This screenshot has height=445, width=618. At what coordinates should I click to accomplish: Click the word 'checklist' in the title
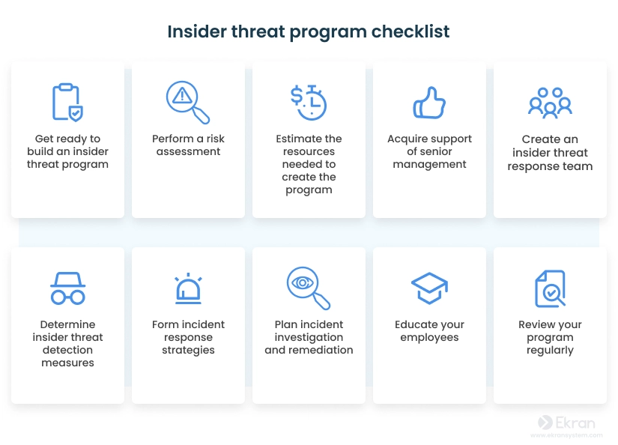click(x=411, y=31)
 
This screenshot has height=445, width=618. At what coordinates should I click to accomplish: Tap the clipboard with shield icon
click(x=67, y=102)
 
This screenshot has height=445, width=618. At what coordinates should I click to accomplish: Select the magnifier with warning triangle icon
click(x=187, y=103)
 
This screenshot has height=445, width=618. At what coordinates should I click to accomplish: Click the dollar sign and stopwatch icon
click(x=309, y=103)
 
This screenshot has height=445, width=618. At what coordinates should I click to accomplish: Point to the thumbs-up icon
click(x=429, y=103)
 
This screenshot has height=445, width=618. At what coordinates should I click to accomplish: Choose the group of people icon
click(x=550, y=103)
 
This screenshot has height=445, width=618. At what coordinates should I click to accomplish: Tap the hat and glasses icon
click(x=67, y=288)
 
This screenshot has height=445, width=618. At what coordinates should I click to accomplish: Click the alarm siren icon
click(x=188, y=288)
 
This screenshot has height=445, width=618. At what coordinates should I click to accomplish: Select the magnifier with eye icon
click(x=308, y=288)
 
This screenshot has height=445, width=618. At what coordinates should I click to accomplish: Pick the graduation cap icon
click(x=429, y=288)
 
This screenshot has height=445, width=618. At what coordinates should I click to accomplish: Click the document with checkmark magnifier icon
click(x=550, y=288)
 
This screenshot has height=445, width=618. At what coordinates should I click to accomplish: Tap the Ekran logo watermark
click(x=566, y=423)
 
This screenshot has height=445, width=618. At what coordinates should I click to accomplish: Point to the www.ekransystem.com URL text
click(x=566, y=435)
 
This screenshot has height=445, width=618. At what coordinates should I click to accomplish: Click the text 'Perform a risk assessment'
click(x=188, y=145)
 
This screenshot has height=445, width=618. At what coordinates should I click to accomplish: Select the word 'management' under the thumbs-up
click(x=430, y=164)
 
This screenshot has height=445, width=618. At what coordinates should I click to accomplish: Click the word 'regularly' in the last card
click(x=551, y=350)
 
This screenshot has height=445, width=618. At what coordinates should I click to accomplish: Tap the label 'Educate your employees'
click(x=430, y=330)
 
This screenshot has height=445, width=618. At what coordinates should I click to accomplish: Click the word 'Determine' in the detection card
click(x=67, y=324)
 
